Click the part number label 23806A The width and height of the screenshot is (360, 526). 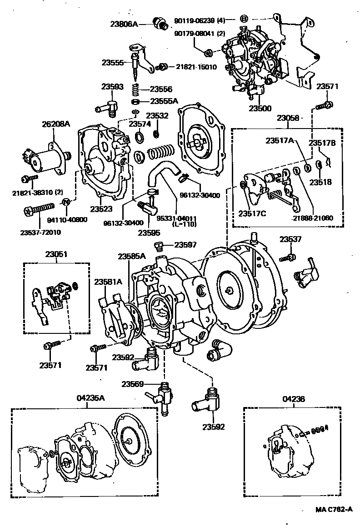point(123,24)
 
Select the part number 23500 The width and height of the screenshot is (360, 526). point(260,108)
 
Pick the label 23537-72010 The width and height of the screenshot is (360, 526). point(40,233)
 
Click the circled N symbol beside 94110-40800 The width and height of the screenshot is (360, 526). point(65,202)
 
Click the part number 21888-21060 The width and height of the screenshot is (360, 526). point(313,218)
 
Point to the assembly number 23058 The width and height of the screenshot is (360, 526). point(288,118)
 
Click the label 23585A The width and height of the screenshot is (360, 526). point(131,256)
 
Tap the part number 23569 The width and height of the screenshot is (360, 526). point(132,384)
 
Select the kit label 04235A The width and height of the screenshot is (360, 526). point(90,398)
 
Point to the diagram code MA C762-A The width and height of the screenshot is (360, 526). point(334,510)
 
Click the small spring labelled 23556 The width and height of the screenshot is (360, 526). point(135,89)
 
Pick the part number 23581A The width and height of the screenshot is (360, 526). point(108,282)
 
